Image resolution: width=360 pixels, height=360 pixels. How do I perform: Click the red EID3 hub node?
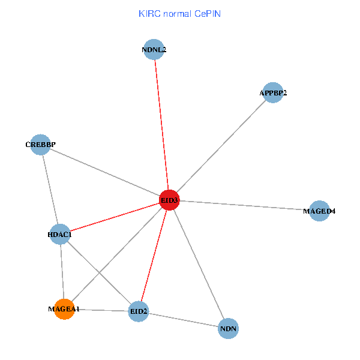(x=169, y=200)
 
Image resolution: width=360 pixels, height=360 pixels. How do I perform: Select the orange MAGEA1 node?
(x=64, y=309)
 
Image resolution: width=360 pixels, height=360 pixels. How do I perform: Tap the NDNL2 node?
(x=154, y=50)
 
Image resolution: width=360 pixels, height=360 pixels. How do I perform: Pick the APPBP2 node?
(x=273, y=92)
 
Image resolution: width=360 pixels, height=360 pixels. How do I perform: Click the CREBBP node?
(x=40, y=145)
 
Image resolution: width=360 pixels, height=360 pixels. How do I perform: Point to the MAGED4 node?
(x=319, y=211)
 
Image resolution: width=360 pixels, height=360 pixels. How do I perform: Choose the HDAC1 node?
(x=59, y=234)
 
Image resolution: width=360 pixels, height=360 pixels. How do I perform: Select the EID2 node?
(x=139, y=311)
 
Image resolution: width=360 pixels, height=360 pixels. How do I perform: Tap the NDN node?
(x=229, y=328)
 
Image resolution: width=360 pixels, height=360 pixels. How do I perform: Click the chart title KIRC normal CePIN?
(x=179, y=13)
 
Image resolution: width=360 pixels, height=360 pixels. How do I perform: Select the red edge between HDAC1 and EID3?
(x=114, y=217)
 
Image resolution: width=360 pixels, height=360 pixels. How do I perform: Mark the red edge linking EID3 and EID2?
(x=154, y=255)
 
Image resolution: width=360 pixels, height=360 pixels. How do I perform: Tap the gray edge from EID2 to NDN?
(x=183, y=320)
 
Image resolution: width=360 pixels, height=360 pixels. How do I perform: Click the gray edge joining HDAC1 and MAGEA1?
(x=62, y=271)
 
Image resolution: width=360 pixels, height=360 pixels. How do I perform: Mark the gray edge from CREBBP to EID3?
(x=105, y=172)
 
